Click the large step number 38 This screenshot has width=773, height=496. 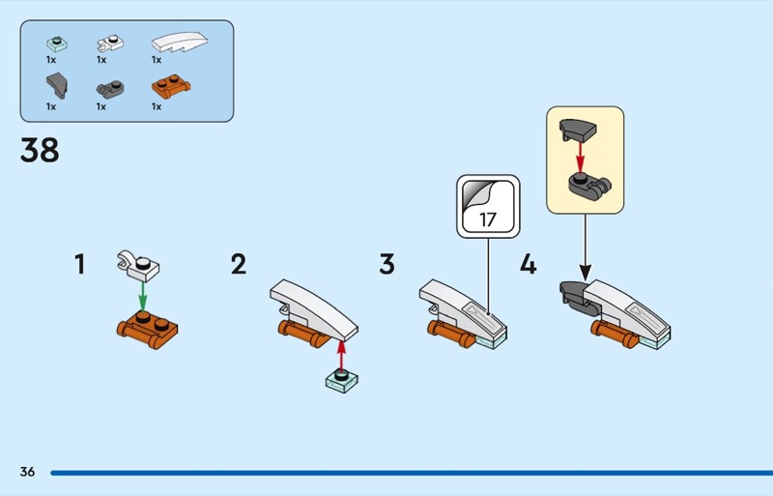point(40,150)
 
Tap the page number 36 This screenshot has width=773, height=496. point(27,472)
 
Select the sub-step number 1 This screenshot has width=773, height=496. point(80,264)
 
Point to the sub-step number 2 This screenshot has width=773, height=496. point(239,264)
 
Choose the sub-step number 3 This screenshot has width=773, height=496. point(386,264)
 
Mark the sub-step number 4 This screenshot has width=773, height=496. point(528,264)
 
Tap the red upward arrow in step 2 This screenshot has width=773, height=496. point(340,354)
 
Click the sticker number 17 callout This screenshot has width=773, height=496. point(488,204)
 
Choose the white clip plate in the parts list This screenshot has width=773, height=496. point(109,44)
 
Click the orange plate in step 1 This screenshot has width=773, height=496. point(147,326)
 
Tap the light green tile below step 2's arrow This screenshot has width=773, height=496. point(340,380)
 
